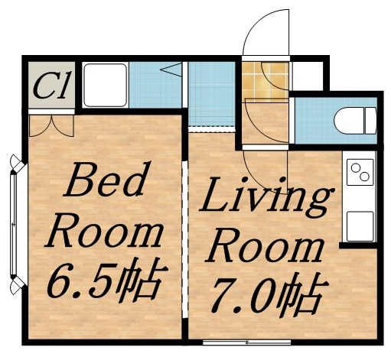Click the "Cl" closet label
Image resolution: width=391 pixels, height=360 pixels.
click(51, 85)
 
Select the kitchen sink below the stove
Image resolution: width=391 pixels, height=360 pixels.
click(358, 225)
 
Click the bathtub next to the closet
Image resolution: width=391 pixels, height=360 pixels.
click(105, 86)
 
